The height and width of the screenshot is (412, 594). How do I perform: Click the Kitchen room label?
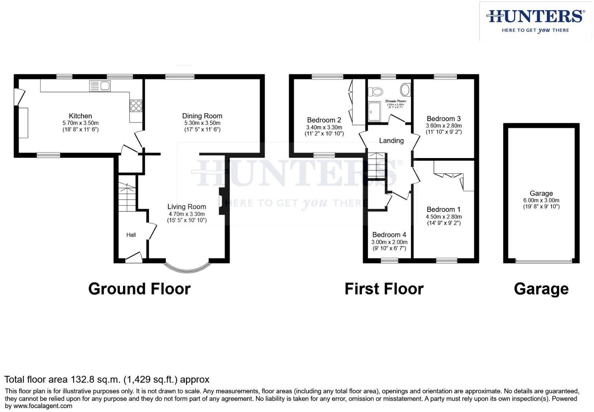pos(80,116)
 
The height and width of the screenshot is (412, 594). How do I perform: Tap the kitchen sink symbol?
pos(100,86)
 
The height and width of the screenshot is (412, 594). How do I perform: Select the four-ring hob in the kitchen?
pos(136,106)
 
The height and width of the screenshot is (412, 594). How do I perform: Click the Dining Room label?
pos(202,116)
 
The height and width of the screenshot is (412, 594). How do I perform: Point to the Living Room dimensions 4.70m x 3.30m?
pos(187,214)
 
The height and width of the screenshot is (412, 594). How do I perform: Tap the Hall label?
pos(131,235)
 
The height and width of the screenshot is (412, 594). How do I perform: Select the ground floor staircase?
pos(127,197)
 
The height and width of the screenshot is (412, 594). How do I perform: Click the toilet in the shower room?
pos(376,92)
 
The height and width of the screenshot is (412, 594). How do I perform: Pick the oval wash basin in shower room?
pos(405,90)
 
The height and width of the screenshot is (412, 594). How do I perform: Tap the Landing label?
pos(391,141)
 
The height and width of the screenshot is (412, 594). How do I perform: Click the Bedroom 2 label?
pos(324,120)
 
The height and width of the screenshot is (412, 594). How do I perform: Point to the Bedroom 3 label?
pos(444,119)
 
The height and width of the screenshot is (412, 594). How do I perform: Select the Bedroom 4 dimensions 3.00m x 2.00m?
pos(389,242)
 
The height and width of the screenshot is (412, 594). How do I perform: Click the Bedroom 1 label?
pos(444,210)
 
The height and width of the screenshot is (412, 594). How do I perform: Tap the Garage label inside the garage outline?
pos(541,193)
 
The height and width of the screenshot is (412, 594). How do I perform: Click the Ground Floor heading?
pos(139,289)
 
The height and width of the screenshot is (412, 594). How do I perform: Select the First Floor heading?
pos(384,289)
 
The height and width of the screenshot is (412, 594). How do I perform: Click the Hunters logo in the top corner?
pos(535,21)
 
